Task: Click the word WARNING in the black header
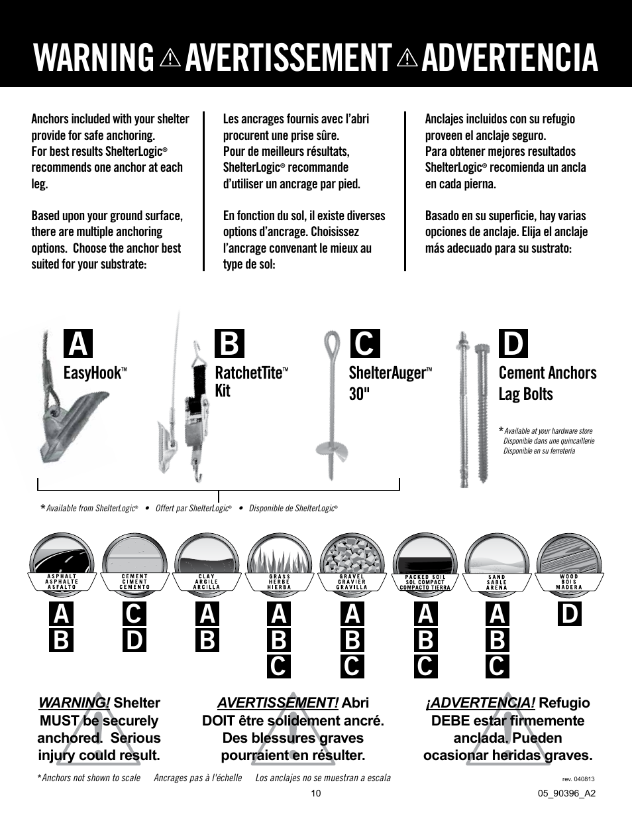(x=93, y=57)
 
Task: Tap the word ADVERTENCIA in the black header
(x=509, y=57)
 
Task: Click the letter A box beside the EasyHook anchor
(x=78, y=344)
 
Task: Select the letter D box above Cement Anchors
(x=513, y=344)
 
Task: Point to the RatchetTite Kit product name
(x=248, y=381)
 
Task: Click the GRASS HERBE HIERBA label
(x=280, y=582)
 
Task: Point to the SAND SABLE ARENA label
(x=496, y=582)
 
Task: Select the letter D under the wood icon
(x=569, y=614)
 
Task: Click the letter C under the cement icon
(x=134, y=614)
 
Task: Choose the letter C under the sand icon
(x=497, y=666)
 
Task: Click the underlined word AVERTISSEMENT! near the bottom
(x=278, y=703)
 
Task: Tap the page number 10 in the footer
(x=316, y=794)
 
